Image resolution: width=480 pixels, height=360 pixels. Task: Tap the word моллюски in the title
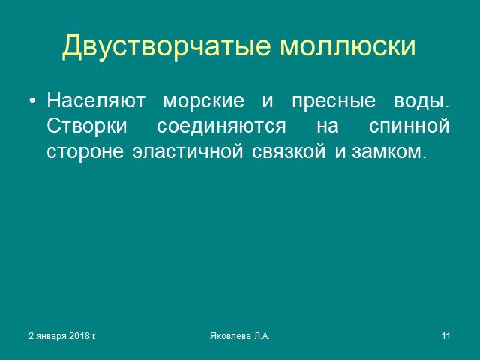coord(348,46)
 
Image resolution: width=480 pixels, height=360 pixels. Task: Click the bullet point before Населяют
coord(32,100)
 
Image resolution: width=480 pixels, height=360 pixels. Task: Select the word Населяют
coord(96,100)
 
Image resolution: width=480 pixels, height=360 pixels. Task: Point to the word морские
coord(204,100)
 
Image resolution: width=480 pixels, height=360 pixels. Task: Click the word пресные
coord(334,102)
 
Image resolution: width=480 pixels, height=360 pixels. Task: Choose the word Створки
coord(87,127)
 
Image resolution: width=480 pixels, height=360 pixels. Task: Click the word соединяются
coord(222,127)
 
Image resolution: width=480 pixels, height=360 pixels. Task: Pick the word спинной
coord(409,127)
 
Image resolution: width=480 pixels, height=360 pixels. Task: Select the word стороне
coord(85,152)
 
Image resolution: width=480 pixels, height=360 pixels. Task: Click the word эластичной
coord(188,151)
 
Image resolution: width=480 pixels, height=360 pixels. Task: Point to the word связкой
coord(289,151)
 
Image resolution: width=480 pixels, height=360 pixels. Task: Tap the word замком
coord(389,152)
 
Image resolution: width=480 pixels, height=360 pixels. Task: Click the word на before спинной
coord(328,127)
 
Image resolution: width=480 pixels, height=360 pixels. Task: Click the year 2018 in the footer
coord(79,336)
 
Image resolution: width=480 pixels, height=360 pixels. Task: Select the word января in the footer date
coord(51,337)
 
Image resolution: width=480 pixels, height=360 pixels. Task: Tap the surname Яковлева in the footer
coord(230,336)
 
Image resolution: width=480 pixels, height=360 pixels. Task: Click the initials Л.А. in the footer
coord(261,336)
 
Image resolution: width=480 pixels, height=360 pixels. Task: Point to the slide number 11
coord(446,336)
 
